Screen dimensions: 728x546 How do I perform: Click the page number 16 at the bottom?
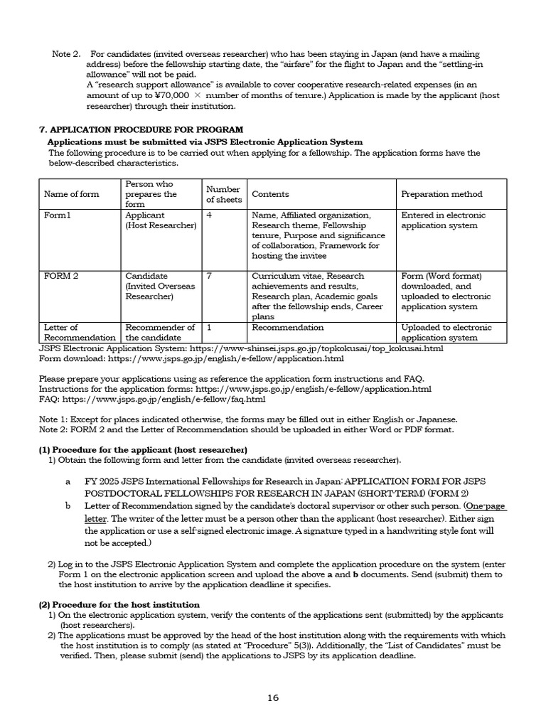(x=273, y=697)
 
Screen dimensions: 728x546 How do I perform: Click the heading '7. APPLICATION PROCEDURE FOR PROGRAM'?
(x=140, y=129)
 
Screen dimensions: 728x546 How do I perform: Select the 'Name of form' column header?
(x=72, y=194)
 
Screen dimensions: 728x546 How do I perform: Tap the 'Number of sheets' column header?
(x=223, y=194)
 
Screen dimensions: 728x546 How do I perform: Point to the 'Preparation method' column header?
(x=441, y=194)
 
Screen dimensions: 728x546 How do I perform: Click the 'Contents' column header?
(x=270, y=194)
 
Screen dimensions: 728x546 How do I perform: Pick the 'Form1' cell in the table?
(x=58, y=215)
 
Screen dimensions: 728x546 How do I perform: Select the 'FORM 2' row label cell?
(x=60, y=276)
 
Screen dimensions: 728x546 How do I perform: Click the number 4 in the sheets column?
(x=209, y=215)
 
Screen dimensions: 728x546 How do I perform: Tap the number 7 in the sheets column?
(x=209, y=276)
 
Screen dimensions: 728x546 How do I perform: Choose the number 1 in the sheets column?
(x=209, y=328)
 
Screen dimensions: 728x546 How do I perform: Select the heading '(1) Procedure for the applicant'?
(x=143, y=450)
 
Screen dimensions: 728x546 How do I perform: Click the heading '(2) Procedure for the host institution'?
(x=119, y=604)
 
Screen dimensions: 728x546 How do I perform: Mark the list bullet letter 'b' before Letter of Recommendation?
(x=68, y=506)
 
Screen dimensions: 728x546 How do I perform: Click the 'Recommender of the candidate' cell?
(x=160, y=333)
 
